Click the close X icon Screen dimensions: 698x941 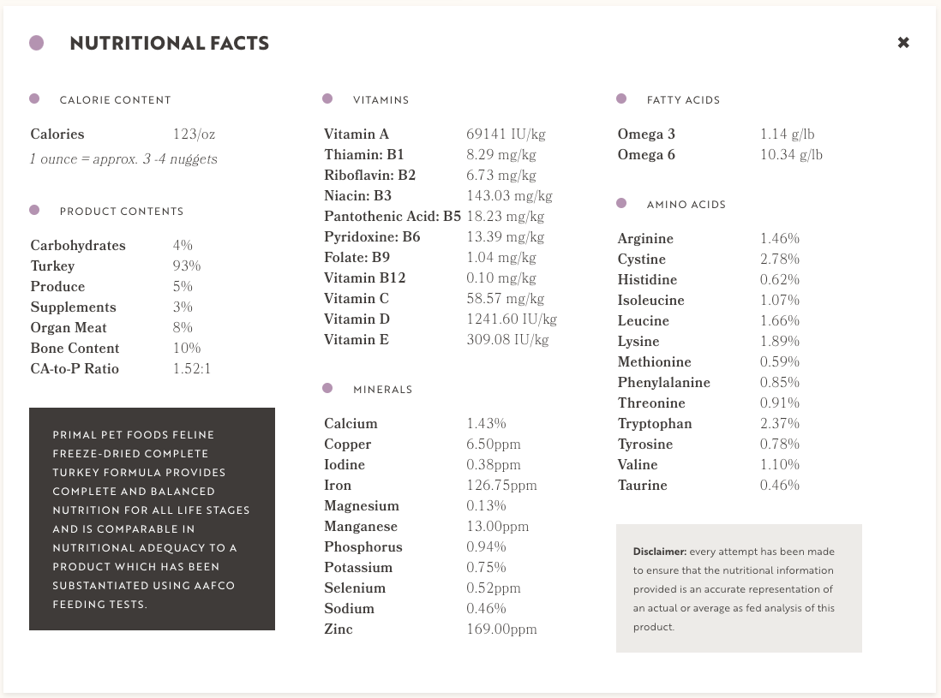(903, 43)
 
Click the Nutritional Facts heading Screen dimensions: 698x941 (169, 43)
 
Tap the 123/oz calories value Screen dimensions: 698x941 (193, 134)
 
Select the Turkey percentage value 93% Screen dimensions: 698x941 (186, 266)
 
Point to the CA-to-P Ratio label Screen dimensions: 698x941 (75, 369)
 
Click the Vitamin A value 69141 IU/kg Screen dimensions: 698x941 (506, 134)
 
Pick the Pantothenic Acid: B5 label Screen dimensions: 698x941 (393, 217)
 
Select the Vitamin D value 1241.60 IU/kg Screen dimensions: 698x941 (512, 319)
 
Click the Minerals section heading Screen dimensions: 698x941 (382, 390)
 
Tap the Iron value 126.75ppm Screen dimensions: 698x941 (501, 486)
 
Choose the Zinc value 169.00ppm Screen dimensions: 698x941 (501, 629)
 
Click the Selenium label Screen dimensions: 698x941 (355, 588)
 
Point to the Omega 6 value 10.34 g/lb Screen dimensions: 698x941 (791, 155)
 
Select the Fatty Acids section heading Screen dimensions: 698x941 (683, 100)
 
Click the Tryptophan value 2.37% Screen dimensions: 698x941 (780, 424)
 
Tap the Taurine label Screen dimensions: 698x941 (642, 486)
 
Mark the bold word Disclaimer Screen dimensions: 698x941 (659, 552)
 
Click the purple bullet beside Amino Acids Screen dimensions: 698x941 (621, 203)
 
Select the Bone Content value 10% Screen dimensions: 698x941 (186, 349)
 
